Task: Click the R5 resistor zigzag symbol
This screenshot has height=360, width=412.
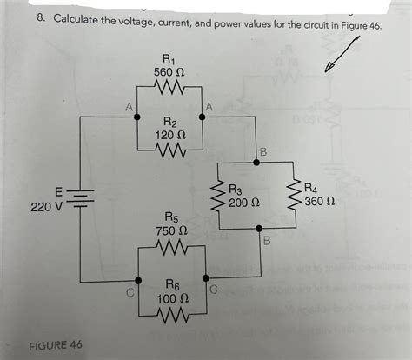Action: click(170, 249)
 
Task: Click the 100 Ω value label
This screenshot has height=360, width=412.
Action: click(170, 297)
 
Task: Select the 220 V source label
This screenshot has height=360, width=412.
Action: click(43, 209)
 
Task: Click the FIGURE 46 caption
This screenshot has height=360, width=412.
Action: click(56, 344)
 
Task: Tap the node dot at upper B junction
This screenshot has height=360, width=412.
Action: click(258, 161)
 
